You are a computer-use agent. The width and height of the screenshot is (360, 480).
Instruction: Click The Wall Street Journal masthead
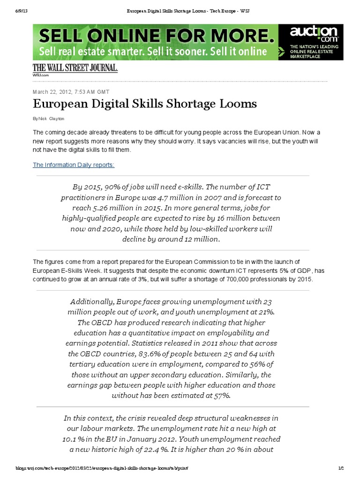75,68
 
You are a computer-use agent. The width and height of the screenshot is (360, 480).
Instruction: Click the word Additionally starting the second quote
92,301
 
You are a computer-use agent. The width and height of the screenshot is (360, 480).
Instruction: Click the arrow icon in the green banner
280,49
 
